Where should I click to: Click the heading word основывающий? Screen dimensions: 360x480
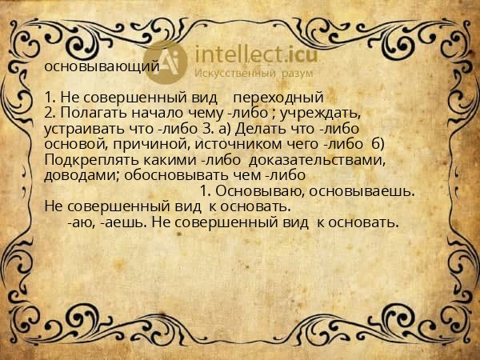point(102,67)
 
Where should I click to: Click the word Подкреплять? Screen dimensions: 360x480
point(86,159)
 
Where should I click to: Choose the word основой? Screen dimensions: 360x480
point(74,144)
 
